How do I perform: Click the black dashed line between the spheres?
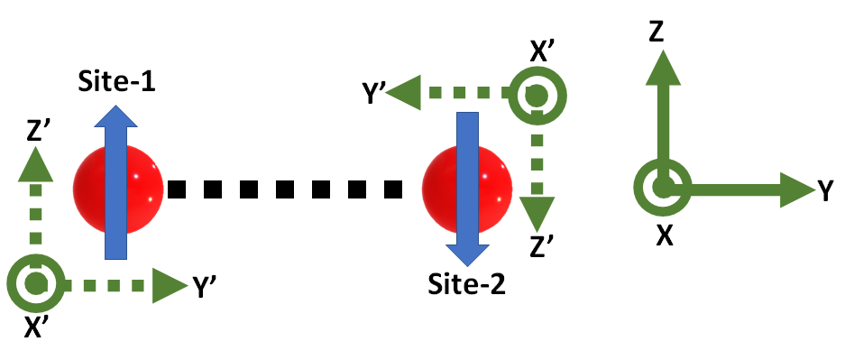[283, 189]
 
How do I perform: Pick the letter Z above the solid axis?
[657, 33]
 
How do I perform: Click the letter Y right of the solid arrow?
[825, 189]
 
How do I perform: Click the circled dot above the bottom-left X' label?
[35, 284]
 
